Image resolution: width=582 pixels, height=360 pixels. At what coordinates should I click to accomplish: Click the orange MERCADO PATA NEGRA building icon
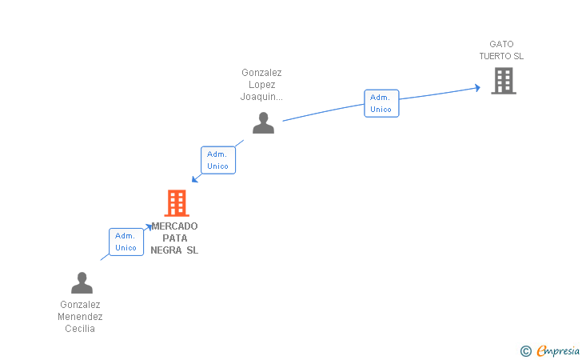tap(176, 203)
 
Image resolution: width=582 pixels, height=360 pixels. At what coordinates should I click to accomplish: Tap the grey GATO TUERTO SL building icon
tap(503, 80)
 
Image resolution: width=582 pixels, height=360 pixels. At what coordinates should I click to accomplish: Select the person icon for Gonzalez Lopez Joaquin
tap(263, 122)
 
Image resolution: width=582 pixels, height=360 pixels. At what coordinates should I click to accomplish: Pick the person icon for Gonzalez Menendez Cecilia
tap(82, 282)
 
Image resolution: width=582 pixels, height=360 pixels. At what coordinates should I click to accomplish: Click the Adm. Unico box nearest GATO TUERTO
tap(381, 103)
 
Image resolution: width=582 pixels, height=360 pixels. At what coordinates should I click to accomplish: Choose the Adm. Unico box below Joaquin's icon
tap(217, 160)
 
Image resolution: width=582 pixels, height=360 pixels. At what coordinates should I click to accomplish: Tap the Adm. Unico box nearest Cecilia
tap(126, 242)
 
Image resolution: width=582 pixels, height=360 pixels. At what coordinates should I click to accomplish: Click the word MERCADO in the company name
tap(174, 226)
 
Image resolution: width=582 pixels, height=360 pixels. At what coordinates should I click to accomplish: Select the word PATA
tap(174, 238)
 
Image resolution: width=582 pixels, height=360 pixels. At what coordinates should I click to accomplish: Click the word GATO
tap(502, 44)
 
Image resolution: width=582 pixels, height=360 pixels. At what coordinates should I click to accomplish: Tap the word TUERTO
tap(496, 56)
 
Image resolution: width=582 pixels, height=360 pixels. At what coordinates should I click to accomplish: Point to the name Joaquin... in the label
tap(261, 97)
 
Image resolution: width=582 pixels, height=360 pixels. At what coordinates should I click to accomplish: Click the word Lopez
tap(261, 85)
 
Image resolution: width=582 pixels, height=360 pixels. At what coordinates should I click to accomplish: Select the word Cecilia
tap(80, 329)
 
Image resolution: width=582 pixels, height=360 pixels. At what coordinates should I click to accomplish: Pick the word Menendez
tap(80, 317)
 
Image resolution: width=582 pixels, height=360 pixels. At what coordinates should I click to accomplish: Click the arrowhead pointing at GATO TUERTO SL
tap(476, 87)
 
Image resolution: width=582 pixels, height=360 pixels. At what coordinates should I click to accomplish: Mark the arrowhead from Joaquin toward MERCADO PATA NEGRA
tap(194, 179)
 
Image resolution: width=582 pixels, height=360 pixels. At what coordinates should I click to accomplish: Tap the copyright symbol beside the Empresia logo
tap(525, 350)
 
